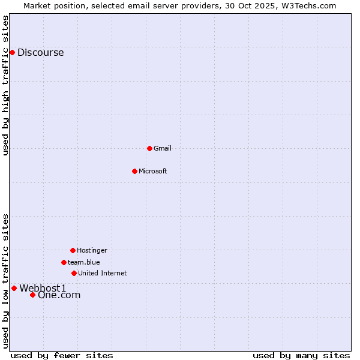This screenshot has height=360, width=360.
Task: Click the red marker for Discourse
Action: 12,52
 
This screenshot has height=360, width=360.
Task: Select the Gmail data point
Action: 149,148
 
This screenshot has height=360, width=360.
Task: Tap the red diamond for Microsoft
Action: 134,171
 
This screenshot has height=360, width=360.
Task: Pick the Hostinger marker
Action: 73,250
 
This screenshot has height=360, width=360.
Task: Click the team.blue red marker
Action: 64,262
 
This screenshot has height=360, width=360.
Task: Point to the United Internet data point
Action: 74,273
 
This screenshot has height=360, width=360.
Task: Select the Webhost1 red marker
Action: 14,288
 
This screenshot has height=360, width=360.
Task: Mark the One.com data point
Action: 32,295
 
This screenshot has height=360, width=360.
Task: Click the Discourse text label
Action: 40,52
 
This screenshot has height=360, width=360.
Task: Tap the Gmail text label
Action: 163,148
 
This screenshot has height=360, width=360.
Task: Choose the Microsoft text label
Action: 152,171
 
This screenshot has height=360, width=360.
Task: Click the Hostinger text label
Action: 92,250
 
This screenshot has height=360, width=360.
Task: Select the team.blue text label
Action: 83,262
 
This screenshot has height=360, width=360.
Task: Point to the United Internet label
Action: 102,273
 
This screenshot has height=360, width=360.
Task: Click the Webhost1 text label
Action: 43,288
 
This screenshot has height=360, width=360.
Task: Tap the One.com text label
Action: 59,295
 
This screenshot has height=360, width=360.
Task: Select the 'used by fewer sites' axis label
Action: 62,355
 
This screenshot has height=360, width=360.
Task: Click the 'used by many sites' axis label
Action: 301,355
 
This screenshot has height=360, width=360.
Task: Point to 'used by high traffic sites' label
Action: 5,85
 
